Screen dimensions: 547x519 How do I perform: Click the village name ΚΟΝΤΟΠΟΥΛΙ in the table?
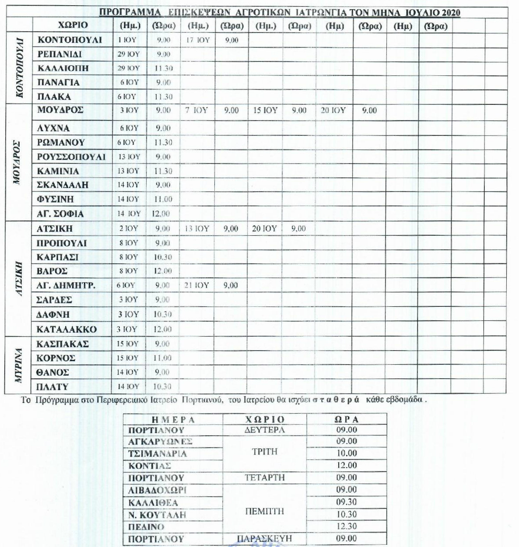[x=70, y=40]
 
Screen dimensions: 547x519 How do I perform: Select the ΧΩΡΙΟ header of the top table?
[x=73, y=25]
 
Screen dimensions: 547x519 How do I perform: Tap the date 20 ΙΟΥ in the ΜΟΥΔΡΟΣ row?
[x=333, y=110]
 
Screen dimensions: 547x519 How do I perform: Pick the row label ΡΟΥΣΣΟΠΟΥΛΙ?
[x=71, y=157]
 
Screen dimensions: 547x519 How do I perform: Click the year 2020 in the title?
[x=451, y=13]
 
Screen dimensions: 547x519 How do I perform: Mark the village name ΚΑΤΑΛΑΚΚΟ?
[x=67, y=330]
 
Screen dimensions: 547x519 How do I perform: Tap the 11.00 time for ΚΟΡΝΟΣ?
[x=163, y=358]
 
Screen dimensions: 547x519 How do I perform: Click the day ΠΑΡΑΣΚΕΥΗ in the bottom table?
[x=264, y=539]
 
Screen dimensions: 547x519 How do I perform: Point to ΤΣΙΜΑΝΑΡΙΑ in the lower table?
[x=158, y=454]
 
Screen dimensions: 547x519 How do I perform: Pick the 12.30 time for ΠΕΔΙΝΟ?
[x=347, y=526]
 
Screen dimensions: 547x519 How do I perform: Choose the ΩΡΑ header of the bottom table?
[x=347, y=419]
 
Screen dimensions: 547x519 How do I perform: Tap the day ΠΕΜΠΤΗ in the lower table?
[x=264, y=511]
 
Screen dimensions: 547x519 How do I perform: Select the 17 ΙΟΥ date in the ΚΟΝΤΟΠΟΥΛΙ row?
[x=198, y=40]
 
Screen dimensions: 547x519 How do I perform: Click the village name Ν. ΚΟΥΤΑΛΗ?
[x=157, y=515]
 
